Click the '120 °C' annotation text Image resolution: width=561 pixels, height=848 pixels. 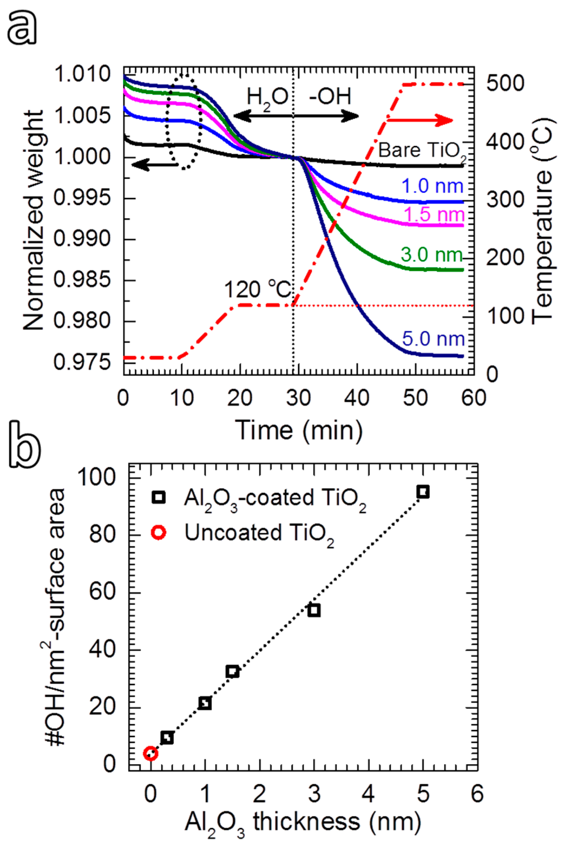coord(257,289)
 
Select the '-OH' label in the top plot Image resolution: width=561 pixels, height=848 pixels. coord(329,96)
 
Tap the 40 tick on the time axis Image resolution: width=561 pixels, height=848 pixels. coord(357,398)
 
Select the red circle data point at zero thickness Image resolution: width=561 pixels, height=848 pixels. coord(150,753)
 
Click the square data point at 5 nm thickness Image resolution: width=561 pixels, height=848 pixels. coord(423,492)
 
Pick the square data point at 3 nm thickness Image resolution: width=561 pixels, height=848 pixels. coord(314,611)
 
